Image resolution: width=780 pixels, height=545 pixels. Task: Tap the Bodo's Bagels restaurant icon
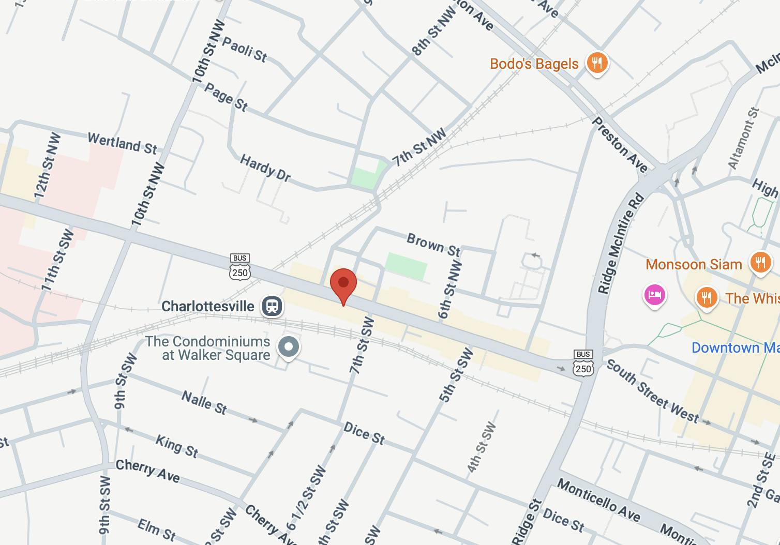click(597, 64)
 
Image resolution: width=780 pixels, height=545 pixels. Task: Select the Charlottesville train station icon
click(272, 306)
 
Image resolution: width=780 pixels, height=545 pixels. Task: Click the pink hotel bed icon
click(654, 295)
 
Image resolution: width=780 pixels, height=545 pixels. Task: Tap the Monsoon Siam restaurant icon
click(760, 263)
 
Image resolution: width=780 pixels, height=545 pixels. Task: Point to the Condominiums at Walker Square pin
click(289, 346)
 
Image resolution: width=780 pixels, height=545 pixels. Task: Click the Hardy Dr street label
click(265, 168)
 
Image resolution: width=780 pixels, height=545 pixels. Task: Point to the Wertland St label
click(122, 143)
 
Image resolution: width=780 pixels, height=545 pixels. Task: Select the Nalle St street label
click(204, 402)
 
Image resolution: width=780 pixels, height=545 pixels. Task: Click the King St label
click(177, 446)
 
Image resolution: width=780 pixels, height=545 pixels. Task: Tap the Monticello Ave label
click(598, 500)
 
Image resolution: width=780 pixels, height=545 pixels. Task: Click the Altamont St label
click(743, 138)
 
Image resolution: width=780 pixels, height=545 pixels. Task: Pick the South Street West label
click(652, 391)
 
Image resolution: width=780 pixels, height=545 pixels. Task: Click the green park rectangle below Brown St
click(407, 267)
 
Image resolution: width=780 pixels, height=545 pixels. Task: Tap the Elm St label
click(157, 530)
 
